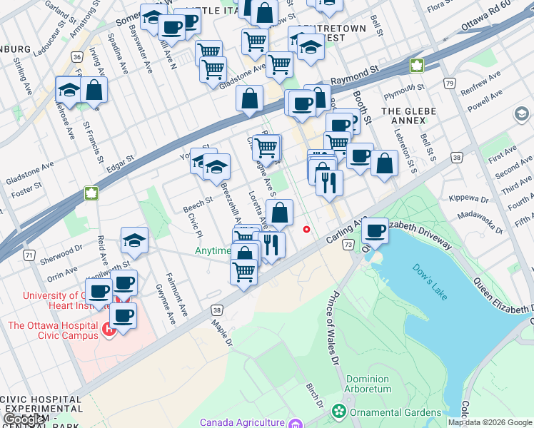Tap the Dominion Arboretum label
click(368, 384)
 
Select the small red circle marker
click(307, 229)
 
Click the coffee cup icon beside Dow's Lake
click(375, 231)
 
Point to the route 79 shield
click(450, 83)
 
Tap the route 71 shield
click(29, 255)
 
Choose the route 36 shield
click(76, 56)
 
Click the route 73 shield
click(348, 245)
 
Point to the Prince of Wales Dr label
click(332, 329)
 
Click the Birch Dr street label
click(315, 398)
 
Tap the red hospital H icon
click(109, 329)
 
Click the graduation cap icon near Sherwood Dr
click(133, 242)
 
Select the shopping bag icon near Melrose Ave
click(94, 90)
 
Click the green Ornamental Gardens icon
click(338, 412)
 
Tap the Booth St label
click(367, 106)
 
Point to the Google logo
click(25, 419)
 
